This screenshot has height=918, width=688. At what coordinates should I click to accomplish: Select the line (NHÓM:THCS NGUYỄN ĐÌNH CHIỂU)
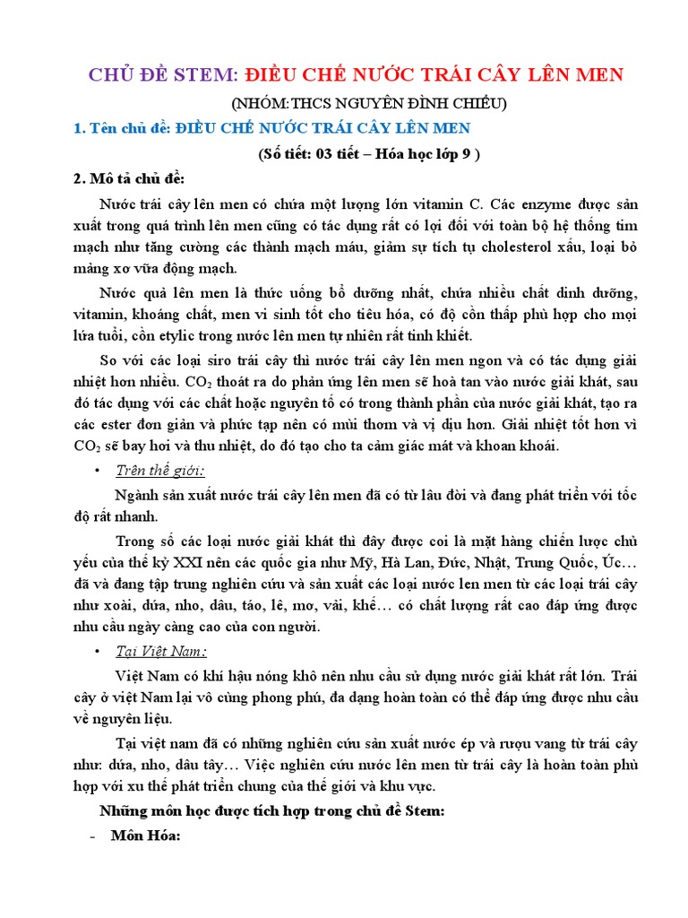[367, 104]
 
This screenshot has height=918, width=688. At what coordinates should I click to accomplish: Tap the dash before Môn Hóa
[92, 836]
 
